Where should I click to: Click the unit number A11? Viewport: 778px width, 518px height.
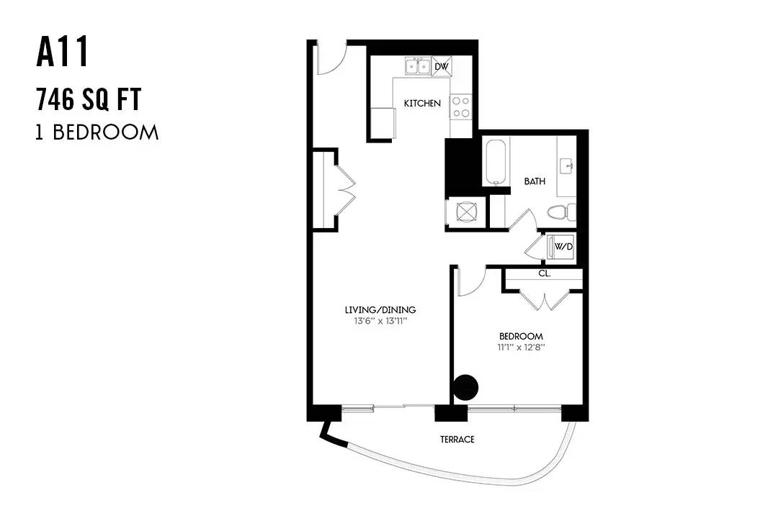(63, 53)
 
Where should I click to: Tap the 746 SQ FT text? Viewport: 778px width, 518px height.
(89, 99)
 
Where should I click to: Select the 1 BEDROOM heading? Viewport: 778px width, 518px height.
(97, 132)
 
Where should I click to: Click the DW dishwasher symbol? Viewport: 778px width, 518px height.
(442, 66)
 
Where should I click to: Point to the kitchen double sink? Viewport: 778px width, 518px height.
(418, 66)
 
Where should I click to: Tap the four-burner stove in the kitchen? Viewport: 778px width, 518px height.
(461, 106)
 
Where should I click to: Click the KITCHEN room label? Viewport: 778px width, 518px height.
(422, 103)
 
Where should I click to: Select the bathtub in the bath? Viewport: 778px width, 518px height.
(496, 162)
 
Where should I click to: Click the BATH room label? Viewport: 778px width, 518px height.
(535, 181)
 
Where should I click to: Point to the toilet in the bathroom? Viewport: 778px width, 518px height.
(562, 212)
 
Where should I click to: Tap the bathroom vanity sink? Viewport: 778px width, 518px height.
(567, 167)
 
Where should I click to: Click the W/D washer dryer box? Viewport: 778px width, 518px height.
(561, 247)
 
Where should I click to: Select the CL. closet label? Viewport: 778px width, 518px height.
(545, 273)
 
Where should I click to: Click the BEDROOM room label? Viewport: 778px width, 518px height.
(521, 336)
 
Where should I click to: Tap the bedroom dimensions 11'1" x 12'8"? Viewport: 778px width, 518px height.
(521, 347)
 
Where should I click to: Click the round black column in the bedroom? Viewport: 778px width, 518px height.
(465, 387)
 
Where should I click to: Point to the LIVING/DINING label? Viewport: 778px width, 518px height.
(380, 310)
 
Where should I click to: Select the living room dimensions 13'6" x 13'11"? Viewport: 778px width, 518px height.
(380, 321)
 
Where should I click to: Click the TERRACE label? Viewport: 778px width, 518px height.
(457, 439)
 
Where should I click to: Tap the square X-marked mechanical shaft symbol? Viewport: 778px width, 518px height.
(466, 213)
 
